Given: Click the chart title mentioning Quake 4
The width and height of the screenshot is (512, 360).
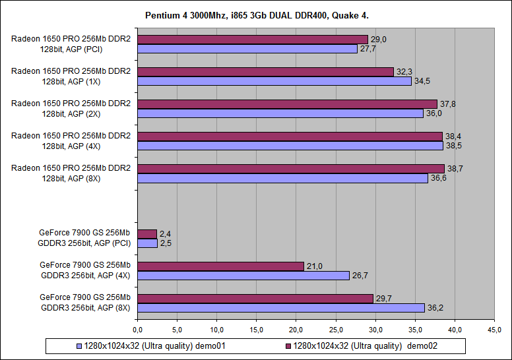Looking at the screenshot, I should [x=257, y=15].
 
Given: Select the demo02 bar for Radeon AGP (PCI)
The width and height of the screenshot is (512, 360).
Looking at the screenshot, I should [x=253, y=40].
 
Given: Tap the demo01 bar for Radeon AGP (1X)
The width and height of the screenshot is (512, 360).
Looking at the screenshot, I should [x=274, y=81].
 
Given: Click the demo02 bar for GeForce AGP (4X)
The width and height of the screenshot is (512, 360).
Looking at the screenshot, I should [x=221, y=266].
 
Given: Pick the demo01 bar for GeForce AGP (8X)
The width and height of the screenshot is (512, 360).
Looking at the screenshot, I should [x=281, y=307].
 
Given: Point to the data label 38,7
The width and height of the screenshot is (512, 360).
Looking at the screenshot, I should [x=455, y=169].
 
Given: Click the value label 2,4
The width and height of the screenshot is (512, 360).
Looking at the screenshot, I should [x=166, y=234].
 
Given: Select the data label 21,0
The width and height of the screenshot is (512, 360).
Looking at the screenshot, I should [x=313, y=266].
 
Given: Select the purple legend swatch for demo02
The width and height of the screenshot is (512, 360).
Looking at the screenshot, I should [x=288, y=345].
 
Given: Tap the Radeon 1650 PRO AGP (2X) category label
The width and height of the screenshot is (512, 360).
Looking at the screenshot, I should [x=71, y=108].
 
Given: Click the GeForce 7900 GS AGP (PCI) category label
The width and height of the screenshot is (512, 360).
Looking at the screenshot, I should [x=85, y=238].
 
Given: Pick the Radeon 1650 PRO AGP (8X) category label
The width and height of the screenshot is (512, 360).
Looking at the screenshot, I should [x=71, y=173].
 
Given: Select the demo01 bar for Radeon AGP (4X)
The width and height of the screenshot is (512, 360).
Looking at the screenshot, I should [x=290, y=146].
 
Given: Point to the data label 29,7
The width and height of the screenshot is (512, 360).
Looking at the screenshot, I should [x=383, y=298].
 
